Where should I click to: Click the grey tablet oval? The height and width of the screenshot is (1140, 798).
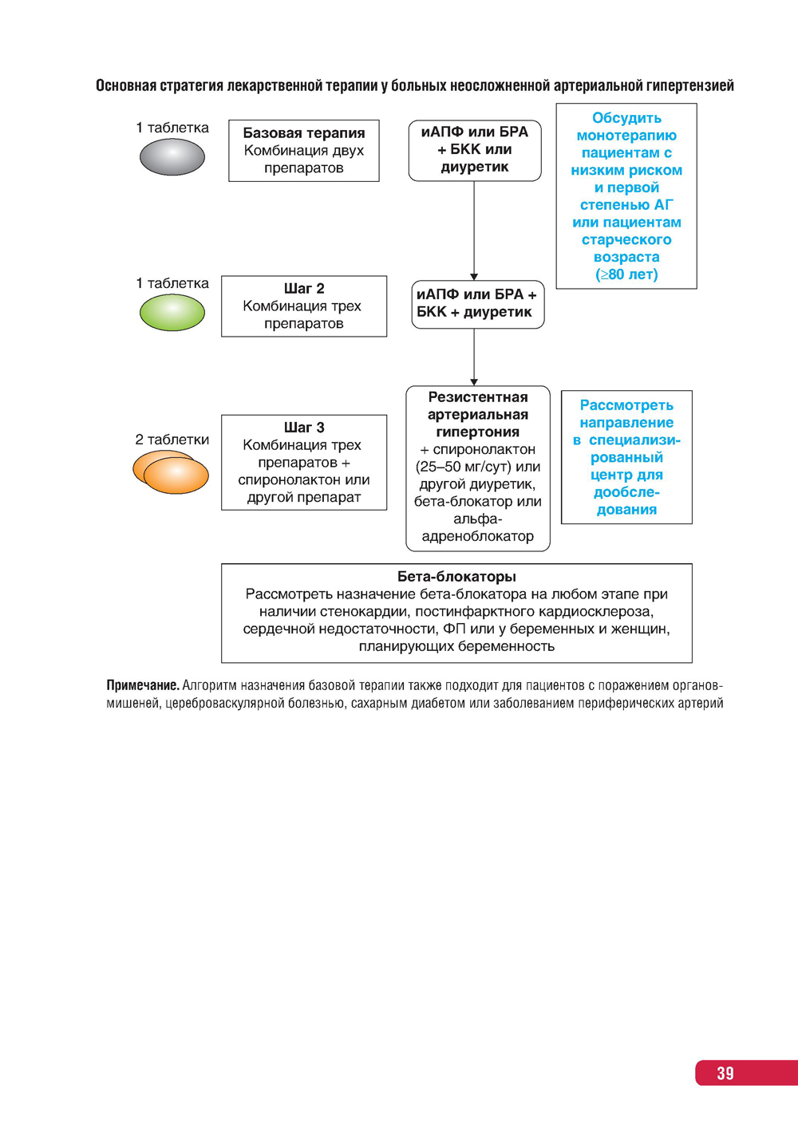point(172,157)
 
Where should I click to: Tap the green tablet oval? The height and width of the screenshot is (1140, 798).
point(172,313)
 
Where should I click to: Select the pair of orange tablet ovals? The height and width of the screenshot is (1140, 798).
point(171,472)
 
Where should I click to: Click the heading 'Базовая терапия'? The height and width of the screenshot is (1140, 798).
point(304,133)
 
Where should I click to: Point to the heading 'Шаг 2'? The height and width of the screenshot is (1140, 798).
point(304,289)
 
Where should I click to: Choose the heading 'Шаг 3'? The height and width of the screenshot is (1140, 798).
point(304,428)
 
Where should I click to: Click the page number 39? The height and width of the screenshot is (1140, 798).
point(725,1073)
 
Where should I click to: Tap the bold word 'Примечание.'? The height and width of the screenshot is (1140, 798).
point(143,685)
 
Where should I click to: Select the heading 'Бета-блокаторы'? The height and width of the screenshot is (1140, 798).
point(456,577)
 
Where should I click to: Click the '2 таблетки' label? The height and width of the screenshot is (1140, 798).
point(172,440)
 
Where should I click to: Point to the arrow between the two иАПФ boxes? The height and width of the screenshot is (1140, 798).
point(474,231)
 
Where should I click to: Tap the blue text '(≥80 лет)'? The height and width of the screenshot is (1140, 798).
point(626,274)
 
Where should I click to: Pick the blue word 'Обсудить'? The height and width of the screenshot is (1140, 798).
point(626,118)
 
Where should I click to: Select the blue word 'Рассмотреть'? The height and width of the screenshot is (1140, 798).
point(626,405)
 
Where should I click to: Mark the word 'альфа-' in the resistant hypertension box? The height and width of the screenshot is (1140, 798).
point(478,519)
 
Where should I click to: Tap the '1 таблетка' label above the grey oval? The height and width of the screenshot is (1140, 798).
point(172,128)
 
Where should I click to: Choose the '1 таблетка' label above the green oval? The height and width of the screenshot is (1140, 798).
point(172,283)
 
